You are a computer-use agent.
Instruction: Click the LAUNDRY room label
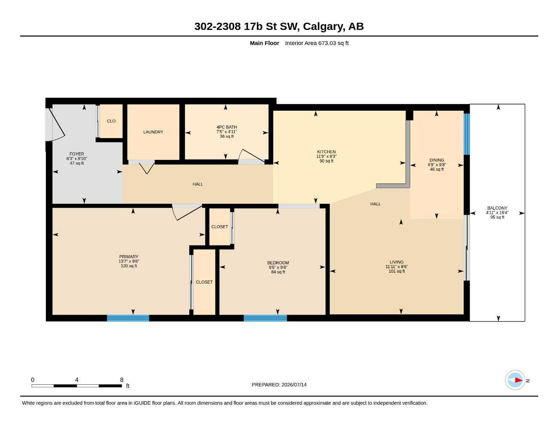(153, 132)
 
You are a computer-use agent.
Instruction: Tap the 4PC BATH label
(227, 127)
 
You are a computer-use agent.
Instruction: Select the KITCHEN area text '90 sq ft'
(326, 161)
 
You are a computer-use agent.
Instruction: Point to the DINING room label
(437, 160)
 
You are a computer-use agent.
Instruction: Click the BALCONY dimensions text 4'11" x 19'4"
(497, 213)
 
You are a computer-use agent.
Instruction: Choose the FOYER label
(77, 154)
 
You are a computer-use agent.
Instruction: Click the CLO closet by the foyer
(111, 121)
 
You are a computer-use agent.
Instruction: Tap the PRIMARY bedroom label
(128, 257)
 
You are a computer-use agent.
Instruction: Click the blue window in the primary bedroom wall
(128, 318)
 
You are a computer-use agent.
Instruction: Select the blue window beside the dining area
(467, 134)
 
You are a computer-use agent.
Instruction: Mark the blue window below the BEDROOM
(265, 318)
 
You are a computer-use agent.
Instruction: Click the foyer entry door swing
(55, 125)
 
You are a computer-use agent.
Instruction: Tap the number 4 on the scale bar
(77, 380)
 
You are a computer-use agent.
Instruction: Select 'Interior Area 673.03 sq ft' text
(317, 43)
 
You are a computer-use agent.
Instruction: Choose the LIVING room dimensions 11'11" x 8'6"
(396, 266)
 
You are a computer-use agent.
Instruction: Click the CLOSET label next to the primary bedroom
(204, 282)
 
